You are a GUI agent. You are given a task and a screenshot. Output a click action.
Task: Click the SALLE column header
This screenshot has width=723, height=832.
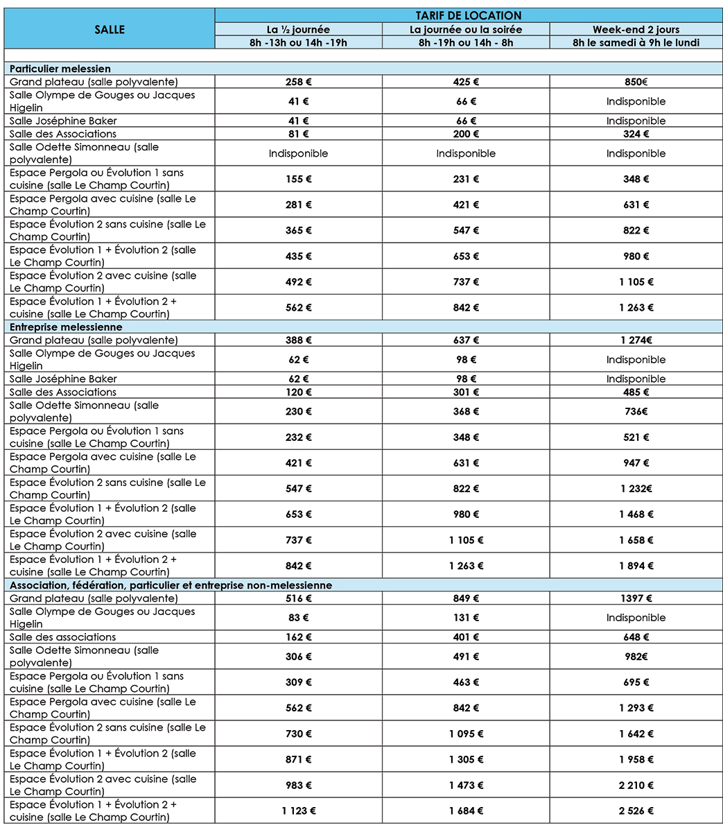(x=110, y=29)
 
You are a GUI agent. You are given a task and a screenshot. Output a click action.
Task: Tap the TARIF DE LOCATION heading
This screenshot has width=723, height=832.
(x=469, y=15)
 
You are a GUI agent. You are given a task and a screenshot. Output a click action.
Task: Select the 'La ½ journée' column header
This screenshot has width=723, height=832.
(x=298, y=29)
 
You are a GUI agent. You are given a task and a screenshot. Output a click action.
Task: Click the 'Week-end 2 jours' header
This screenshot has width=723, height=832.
(x=636, y=29)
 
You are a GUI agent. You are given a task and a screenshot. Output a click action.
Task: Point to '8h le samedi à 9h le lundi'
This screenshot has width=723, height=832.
(x=636, y=42)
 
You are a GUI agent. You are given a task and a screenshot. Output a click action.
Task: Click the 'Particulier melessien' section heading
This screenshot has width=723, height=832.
(x=60, y=69)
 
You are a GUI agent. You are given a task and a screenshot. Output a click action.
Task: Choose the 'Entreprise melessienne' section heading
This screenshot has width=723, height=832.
(x=66, y=327)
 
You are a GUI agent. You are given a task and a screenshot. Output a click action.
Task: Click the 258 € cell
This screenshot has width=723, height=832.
(x=298, y=82)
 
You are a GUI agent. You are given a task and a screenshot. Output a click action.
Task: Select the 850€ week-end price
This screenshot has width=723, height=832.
(x=636, y=82)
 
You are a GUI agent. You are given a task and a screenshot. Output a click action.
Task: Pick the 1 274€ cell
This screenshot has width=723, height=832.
(x=636, y=340)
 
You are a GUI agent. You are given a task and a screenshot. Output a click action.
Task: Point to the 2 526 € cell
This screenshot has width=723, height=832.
(x=636, y=811)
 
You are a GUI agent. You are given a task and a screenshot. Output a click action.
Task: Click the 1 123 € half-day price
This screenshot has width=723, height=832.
(x=298, y=811)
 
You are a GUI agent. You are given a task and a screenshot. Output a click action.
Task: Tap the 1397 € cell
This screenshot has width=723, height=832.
(x=636, y=598)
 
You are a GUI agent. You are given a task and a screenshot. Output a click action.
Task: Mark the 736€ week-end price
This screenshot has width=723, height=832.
(x=636, y=411)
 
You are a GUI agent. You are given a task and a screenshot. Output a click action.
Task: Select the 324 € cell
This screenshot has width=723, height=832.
(x=636, y=134)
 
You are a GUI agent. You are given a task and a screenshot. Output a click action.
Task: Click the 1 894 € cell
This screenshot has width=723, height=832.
(x=636, y=566)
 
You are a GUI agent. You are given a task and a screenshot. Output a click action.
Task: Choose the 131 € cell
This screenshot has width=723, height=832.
(x=466, y=617)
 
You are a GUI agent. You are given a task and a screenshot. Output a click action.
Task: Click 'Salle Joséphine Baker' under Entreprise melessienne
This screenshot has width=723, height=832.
(x=63, y=379)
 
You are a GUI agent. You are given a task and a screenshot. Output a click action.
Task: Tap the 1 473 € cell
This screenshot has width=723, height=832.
(x=466, y=785)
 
